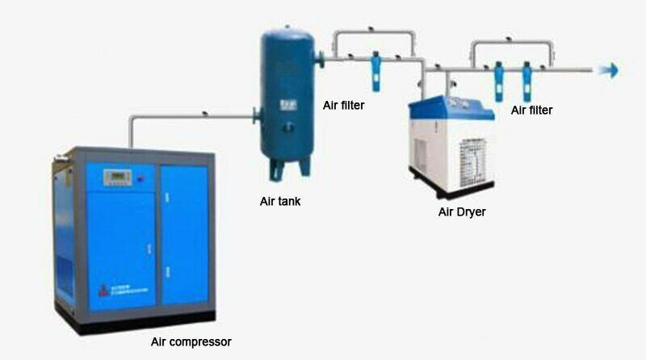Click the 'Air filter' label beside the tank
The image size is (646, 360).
(x=344, y=104)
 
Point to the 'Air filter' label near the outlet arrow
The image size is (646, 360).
(x=532, y=110)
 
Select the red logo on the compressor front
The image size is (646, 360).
(x=102, y=288)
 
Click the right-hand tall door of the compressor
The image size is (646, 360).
(x=184, y=234)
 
